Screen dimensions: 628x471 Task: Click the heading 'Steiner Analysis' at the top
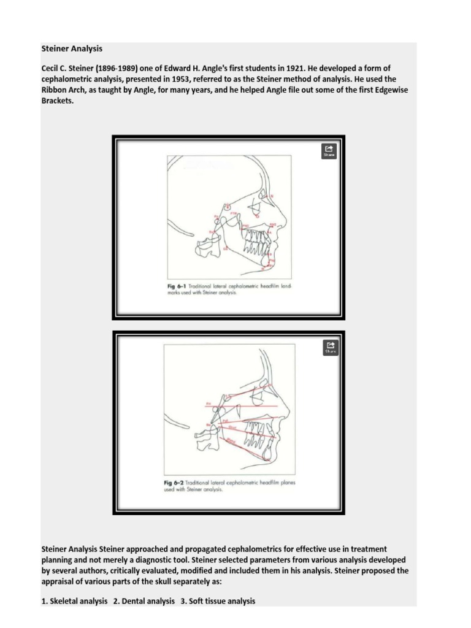(72, 48)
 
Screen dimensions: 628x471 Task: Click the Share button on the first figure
(329, 151)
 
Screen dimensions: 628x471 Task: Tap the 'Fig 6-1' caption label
(177, 286)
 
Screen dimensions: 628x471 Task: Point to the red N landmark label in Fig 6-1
(272, 196)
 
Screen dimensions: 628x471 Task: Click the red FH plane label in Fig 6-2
(208, 404)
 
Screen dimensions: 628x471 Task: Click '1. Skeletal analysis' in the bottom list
(74, 601)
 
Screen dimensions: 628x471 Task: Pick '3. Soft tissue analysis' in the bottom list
(218, 601)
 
